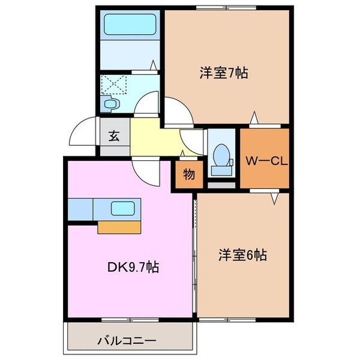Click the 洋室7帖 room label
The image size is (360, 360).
(224, 73)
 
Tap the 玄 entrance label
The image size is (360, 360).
(114, 136)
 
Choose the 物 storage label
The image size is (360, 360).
(188, 175)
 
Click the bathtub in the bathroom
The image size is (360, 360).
(130, 25)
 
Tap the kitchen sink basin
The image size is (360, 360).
(122, 209)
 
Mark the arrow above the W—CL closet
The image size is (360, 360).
(254, 118)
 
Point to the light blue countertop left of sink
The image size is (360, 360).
(80, 209)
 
